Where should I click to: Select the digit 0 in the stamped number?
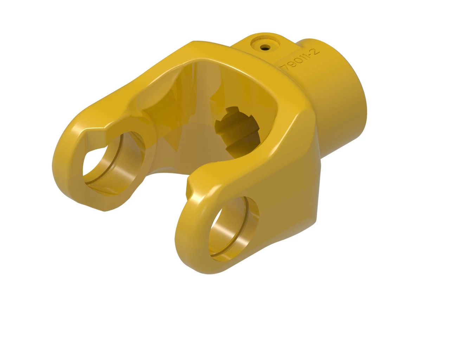pyautogui.click(x=298, y=60)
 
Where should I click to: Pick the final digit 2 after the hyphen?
pyautogui.click(x=315, y=51)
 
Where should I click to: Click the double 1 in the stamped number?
pyautogui.click(x=304, y=57)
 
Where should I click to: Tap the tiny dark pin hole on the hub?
pyautogui.click(x=265, y=46)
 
